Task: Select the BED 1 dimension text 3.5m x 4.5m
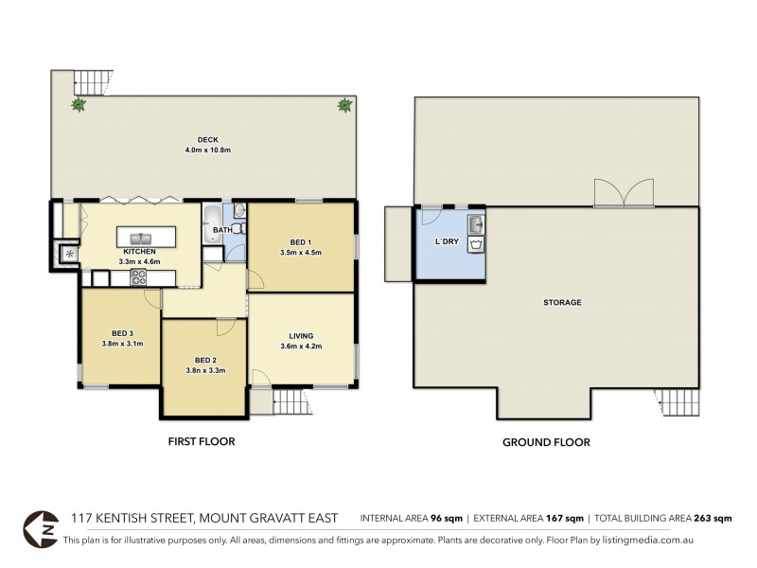(x=302, y=253)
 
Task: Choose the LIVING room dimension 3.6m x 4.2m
(x=302, y=346)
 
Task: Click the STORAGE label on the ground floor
(x=562, y=303)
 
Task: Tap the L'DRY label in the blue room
(x=447, y=242)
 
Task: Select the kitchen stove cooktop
(x=138, y=276)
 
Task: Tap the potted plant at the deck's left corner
(x=77, y=105)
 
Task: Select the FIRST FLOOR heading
(x=202, y=441)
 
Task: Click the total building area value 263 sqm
(x=713, y=519)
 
